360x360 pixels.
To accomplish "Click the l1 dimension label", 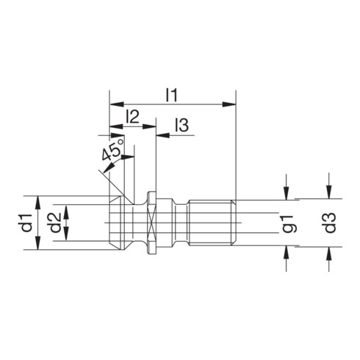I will click(172, 94).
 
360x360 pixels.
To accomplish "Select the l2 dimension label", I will click(133, 116).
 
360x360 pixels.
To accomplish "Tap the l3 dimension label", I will click(181, 126).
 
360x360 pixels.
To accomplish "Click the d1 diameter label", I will click(26, 223).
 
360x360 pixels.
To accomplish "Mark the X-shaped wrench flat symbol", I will click(151, 223).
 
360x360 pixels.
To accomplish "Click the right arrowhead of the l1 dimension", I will click(231, 104).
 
